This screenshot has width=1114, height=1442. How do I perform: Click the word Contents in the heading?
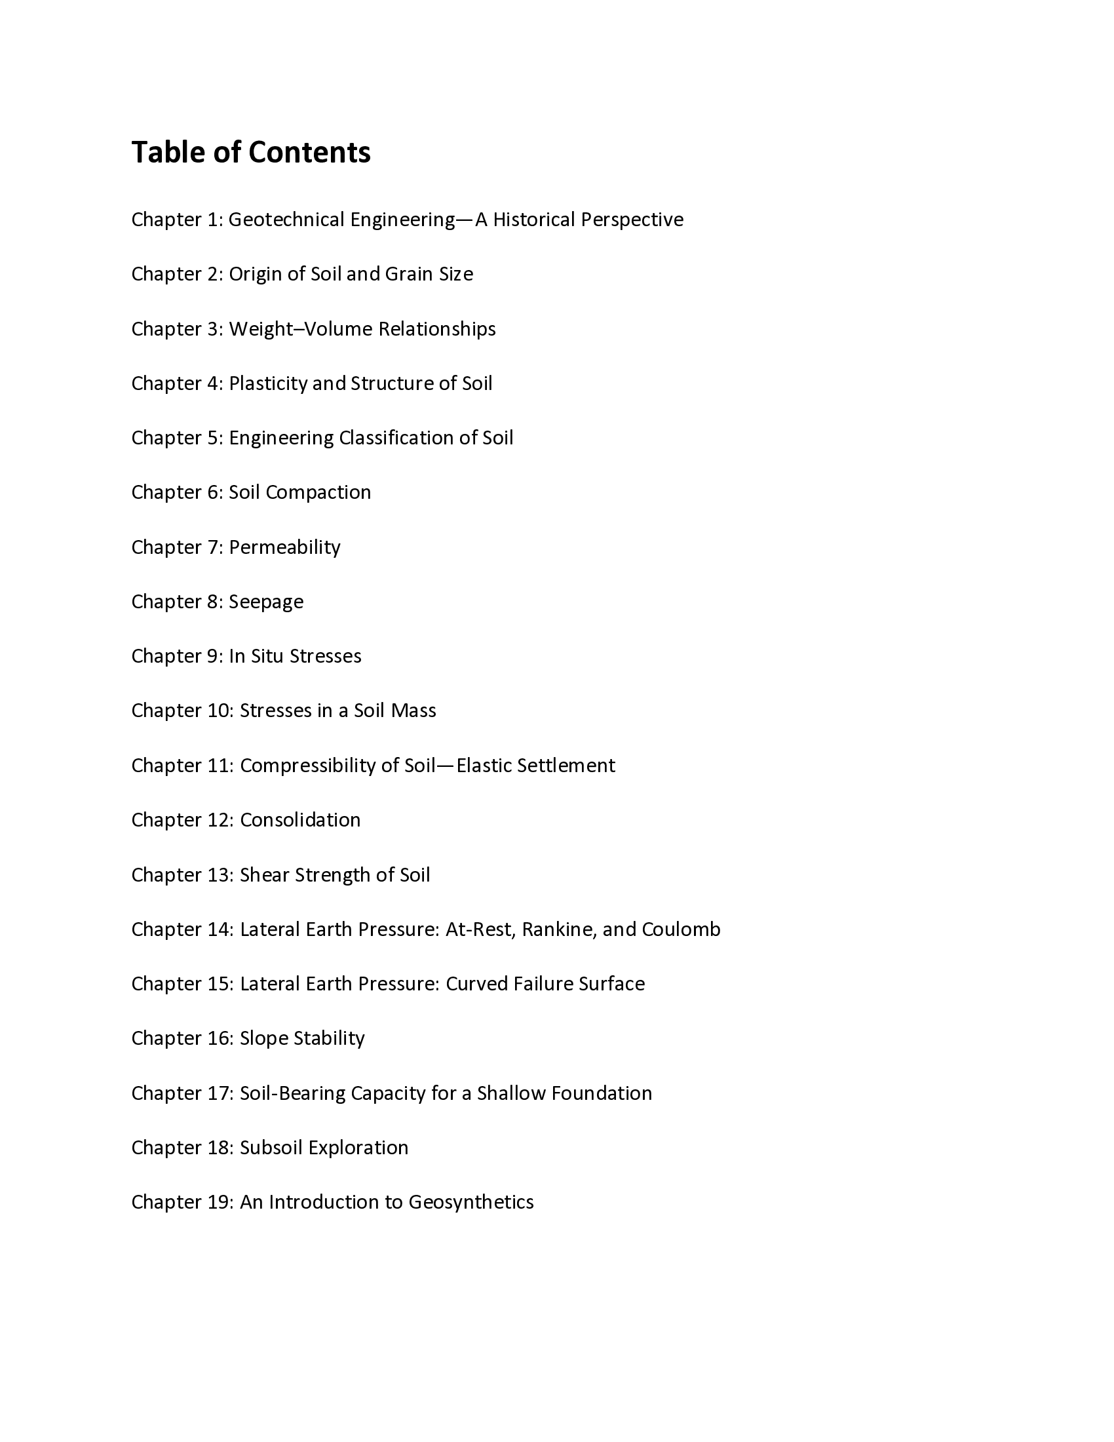pos(309,153)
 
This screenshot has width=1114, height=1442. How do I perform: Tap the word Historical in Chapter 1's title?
pos(534,219)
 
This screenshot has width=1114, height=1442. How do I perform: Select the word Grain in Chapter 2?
pos(409,274)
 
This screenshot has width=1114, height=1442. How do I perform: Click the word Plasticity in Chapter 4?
pos(268,383)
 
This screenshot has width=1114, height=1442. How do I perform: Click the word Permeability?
pos(284,547)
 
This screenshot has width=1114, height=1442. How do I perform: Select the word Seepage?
pos(266,602)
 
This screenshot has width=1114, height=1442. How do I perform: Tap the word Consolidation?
pos(300,820)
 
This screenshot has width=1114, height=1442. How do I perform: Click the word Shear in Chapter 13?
pos(264,875)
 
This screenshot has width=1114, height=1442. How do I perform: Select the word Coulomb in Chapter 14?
pos(680,929)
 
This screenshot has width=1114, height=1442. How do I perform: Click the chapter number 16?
pos(218,1039)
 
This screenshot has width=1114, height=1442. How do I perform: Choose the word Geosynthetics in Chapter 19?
pos(471,1202)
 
